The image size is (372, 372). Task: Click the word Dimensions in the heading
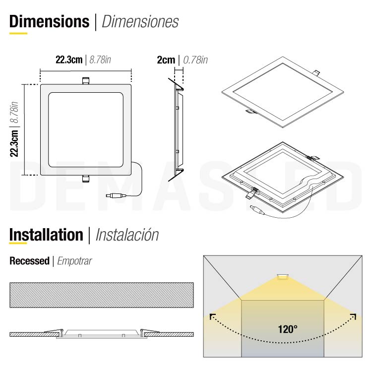[x=49, y=21]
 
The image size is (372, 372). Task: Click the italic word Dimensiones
[x=140, y=22]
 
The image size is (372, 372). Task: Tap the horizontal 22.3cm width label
[x=68, y=60]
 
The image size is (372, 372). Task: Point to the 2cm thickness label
[x=166, y=60]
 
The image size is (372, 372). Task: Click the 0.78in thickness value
[x=195, y=60]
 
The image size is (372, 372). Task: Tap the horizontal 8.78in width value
[x=100, y=60]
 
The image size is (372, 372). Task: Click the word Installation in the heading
[x=46, y=235]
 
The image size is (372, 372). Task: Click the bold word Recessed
[x=29, y=261]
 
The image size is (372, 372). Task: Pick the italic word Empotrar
[x=75, y=261]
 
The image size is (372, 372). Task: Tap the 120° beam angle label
[x=288, y=329]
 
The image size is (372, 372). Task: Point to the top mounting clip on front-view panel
[x=85, y=80]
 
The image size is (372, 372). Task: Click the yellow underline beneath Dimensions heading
[x=18, y=34]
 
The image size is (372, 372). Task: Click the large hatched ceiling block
[x=101, y=295]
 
